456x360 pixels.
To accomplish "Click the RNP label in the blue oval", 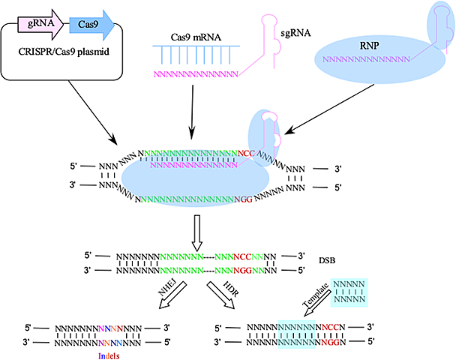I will pos(367,45).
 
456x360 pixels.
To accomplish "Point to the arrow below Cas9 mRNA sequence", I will pos(194,105).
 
